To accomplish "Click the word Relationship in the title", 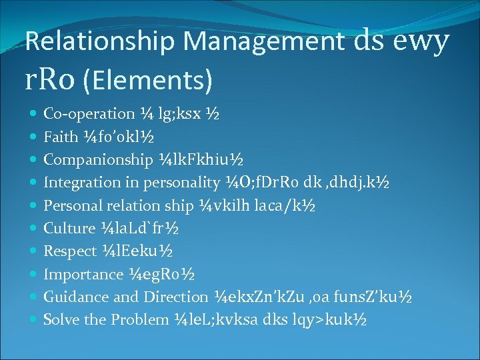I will point(101,42).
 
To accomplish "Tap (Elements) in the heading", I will point(148,81).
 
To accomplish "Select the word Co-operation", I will point(89,114).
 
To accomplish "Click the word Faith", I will point(60,137).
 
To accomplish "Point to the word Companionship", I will point(98,160).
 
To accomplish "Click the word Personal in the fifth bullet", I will point(69,205).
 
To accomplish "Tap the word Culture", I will point(69,228).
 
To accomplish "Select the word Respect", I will point(70,251).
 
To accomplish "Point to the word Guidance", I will point(73,297).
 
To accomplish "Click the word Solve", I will point(59,319).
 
